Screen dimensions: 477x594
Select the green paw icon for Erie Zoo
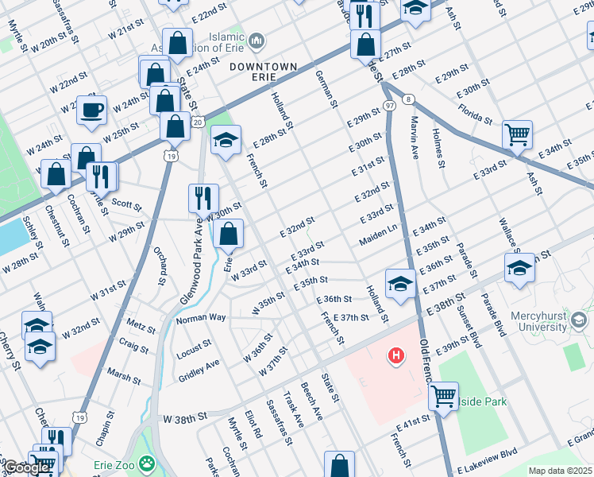146,462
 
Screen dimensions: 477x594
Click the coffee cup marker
91,110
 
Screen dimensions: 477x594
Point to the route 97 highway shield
389,106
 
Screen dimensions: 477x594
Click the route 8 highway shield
408,99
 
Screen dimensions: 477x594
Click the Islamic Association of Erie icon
256,40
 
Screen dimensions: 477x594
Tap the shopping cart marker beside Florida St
517,134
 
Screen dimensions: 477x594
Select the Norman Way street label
201,318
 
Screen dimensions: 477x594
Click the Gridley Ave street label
199,369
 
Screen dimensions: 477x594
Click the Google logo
25,467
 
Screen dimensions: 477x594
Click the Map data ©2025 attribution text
560,471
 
